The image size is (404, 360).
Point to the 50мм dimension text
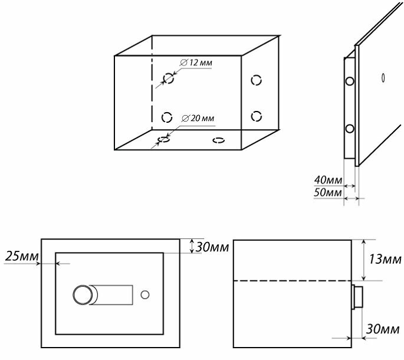329,193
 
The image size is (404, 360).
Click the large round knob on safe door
83,294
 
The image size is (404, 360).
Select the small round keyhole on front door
146,294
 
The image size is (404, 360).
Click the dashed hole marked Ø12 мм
168,77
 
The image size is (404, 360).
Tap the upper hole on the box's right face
256,80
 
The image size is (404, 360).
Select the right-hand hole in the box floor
218,140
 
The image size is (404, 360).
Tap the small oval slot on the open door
383,77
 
